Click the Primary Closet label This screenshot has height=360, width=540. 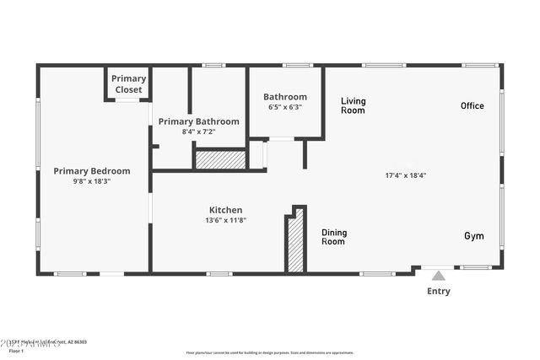coord(128,83)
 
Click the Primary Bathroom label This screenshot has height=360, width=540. coord(199,121)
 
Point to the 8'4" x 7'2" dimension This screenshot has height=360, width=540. coord(199,132)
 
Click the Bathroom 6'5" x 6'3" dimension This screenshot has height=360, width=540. coord(284,107)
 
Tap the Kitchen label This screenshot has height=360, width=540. coord(225,210)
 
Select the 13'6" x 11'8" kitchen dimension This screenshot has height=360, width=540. coord(225,220)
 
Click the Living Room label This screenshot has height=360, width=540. coord(353,105)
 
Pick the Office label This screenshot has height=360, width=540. coord(472,105)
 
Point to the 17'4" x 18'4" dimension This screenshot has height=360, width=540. coord(406,175)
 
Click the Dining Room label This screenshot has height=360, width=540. coord(334,237)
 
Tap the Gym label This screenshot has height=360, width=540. coord(473,236)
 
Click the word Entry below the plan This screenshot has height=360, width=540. coord(438,292)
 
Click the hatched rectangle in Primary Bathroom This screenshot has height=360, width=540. coord(220,159)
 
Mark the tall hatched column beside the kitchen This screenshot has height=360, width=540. coord(295,243)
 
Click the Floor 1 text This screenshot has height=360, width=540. coord(17,350)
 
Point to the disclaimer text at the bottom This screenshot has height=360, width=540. coord(269,352)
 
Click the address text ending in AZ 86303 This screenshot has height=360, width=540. coord(51,342)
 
